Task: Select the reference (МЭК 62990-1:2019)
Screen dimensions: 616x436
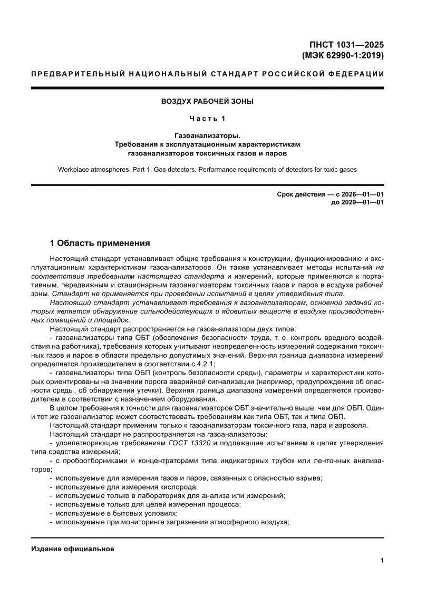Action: [x=343, y=55]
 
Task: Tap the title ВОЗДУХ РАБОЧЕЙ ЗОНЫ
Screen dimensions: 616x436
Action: [x=207, y=101]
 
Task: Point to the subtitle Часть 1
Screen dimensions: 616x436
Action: [x=207, y=119]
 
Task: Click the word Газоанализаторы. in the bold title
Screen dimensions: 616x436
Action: [x=207, y=136]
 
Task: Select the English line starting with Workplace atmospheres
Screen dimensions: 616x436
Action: [x=207, y=170]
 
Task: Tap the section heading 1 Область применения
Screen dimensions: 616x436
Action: [x=100, y=243]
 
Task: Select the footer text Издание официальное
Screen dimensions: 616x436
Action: [x=73, y=549]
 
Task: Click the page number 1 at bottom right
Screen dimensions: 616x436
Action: [x=382, y=561]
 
